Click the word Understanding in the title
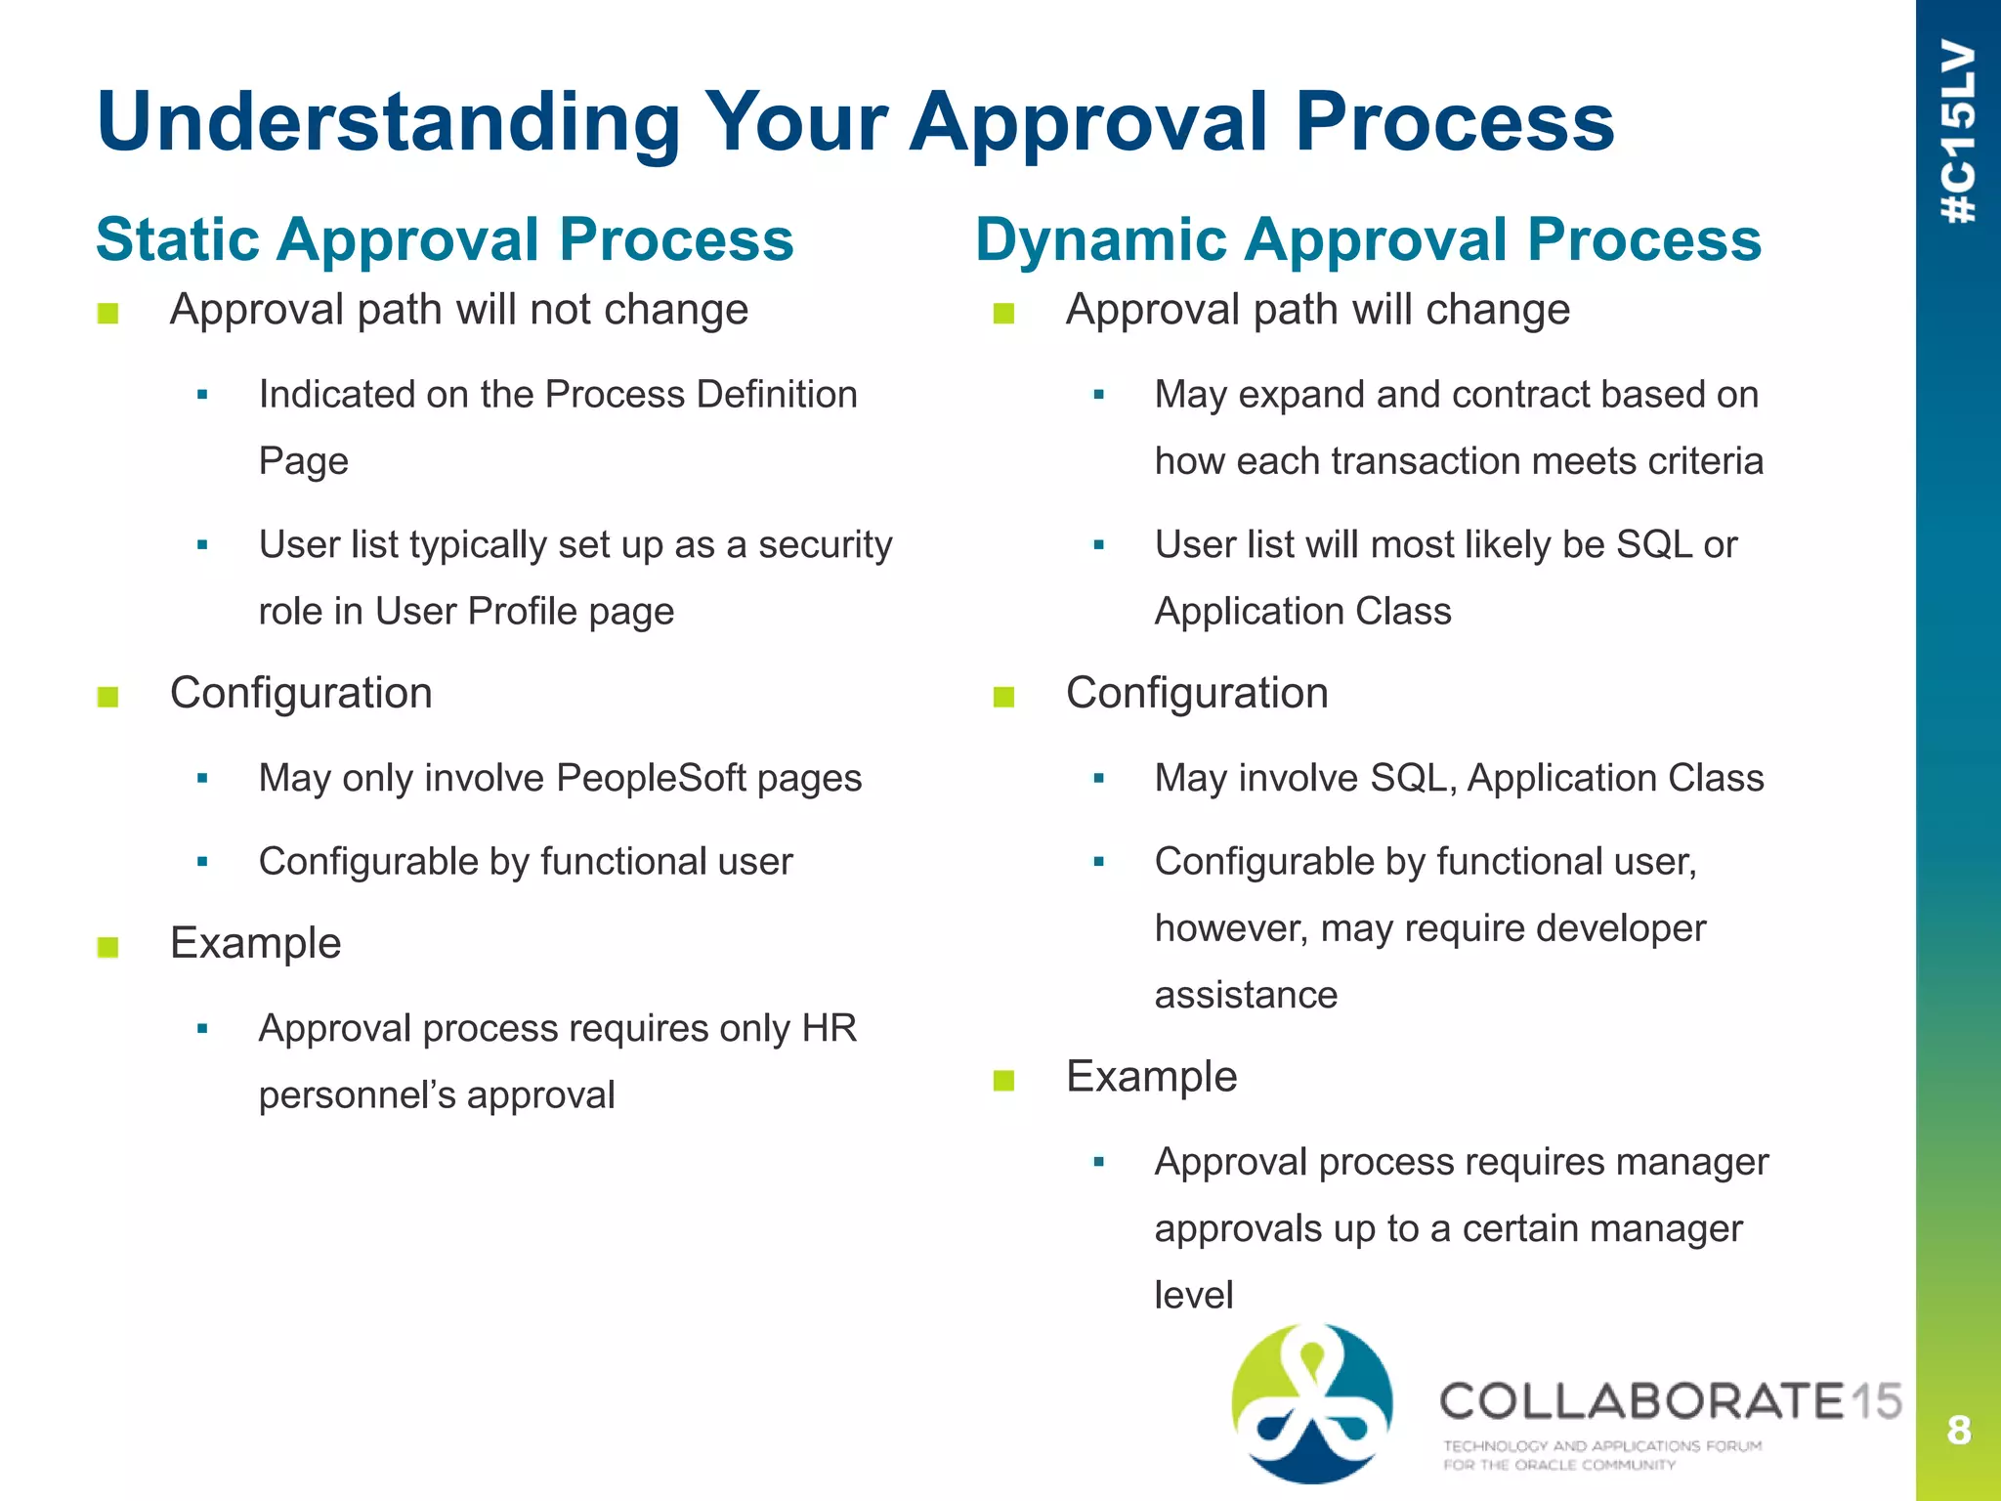(x=388, y=124)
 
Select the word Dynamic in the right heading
(x=1100, y=240)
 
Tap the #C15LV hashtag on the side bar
(x=1958, y=132)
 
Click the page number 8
(x=1958, y=1430)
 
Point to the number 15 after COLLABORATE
(x=1874, y=1401)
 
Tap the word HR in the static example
(x=829, y=1028)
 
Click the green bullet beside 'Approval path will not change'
(x=108, y=314)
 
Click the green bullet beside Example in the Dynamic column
(x=1003, y=1080)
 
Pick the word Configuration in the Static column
(x=301, y=693)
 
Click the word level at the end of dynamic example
(x=1193, y=1295)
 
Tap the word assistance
(x=1246, y=995)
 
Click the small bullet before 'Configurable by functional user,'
(x=1098, y=862)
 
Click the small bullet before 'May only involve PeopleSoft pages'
(x=202, y=779)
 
